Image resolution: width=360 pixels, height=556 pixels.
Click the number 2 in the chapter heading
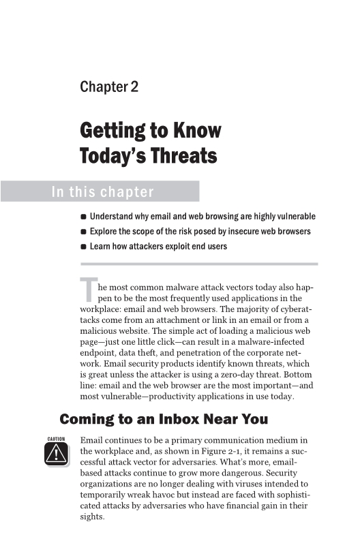[125, 87]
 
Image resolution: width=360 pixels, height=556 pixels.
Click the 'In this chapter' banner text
[102, 191]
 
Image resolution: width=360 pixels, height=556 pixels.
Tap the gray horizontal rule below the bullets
[199, 263]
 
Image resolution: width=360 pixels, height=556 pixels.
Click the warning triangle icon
[56, 453]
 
